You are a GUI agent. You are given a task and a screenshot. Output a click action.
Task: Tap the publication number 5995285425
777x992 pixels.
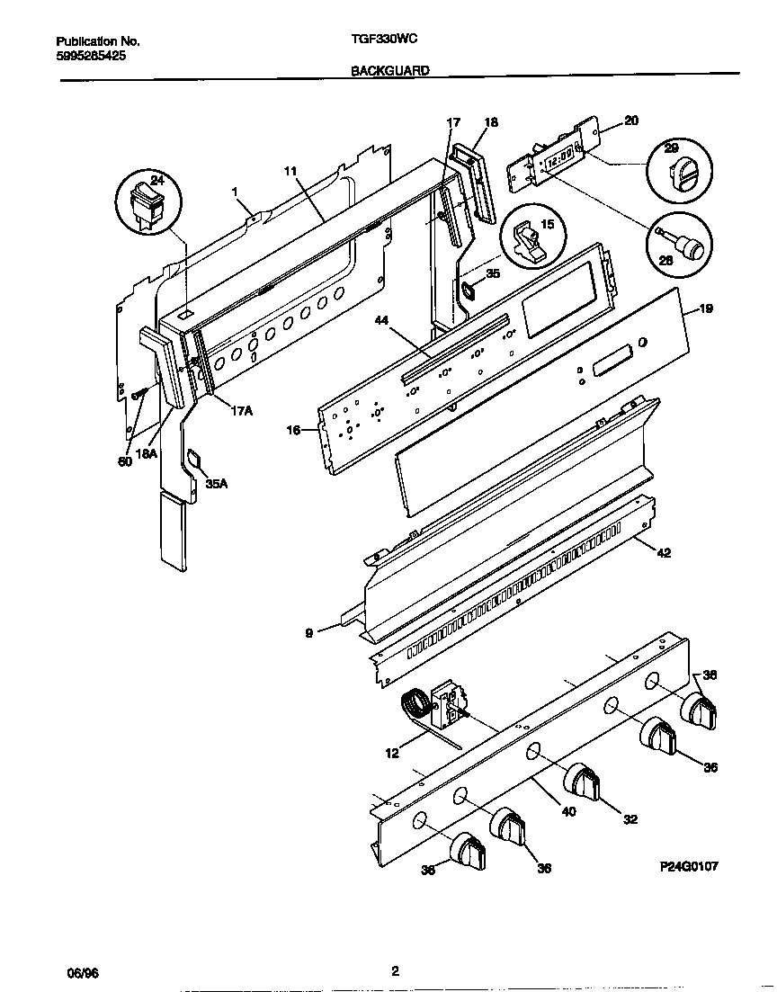click(x=91, y=55)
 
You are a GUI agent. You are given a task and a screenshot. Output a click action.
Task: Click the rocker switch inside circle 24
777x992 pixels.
click(x=148, y=205)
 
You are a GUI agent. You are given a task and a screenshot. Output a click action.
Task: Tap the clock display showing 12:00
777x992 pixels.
click(x=558, y=156)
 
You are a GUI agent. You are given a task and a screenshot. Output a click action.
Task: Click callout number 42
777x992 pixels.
click(x=664, y=553)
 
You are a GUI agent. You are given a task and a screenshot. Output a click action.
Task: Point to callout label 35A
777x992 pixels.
click(x=217, y=483)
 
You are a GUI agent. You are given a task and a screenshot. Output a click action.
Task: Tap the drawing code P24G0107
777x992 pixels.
click(x=688, y=866)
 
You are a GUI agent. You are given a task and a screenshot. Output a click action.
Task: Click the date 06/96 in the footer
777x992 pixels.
click(x=82, y=972)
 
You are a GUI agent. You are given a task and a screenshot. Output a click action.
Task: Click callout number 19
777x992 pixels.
click(x=706, y=308)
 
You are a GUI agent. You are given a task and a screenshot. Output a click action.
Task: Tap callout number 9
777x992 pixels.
click(x=309, y=633)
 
